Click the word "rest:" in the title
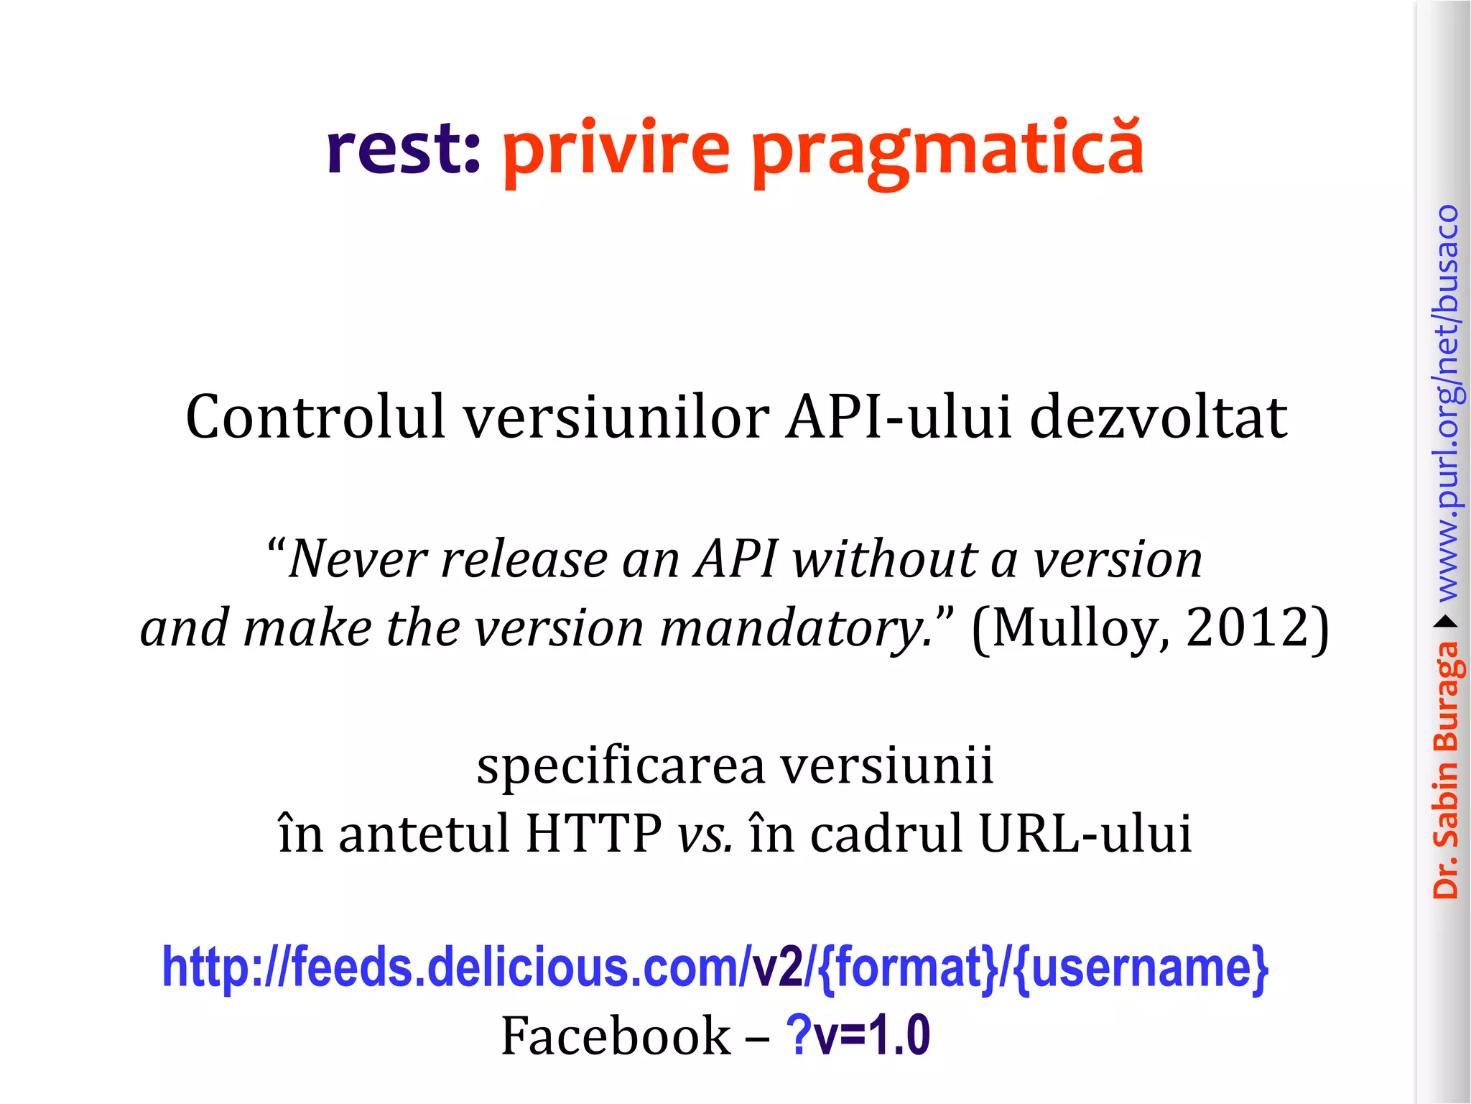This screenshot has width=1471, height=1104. [x=402, y=149]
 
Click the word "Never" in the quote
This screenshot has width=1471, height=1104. [x=358, y=559]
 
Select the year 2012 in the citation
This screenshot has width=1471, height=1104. [x=1250, y=627]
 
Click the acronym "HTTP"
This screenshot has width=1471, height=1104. [x=593, y=834]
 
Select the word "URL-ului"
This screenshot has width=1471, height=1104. [x=1085, y=834]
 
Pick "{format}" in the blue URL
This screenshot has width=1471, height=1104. [x=908, y=967]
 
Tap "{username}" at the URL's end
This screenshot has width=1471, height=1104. [x=1142, y=967]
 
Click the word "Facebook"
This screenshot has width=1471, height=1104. [x=615, y=1036]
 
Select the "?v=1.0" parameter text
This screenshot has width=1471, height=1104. [x=858, y=1035]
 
